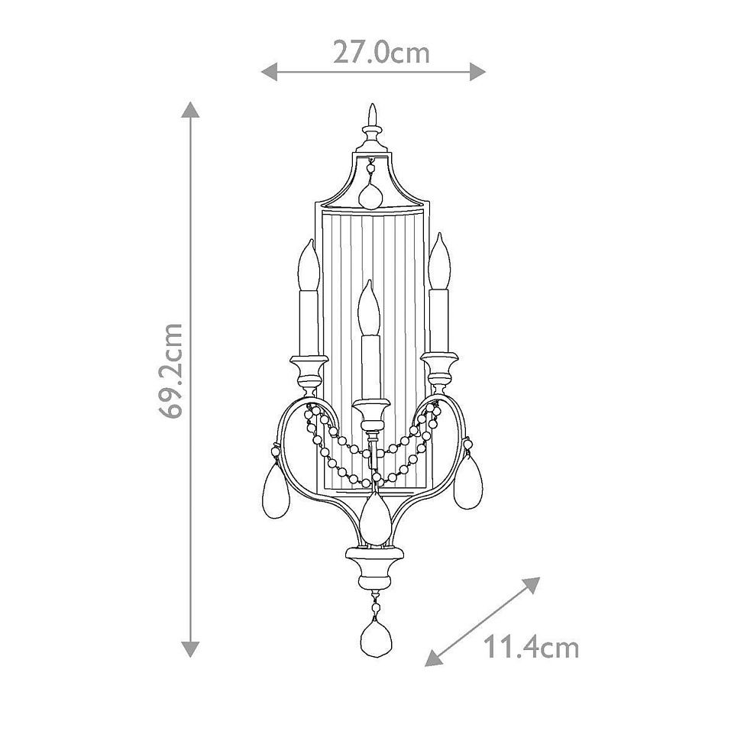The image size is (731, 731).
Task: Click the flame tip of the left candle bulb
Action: tap(309, 246)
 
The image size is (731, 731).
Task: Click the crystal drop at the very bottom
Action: tap(374, 632)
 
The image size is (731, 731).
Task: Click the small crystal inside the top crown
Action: tap(372, 196)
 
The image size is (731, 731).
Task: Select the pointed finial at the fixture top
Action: tap(372, 117)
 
